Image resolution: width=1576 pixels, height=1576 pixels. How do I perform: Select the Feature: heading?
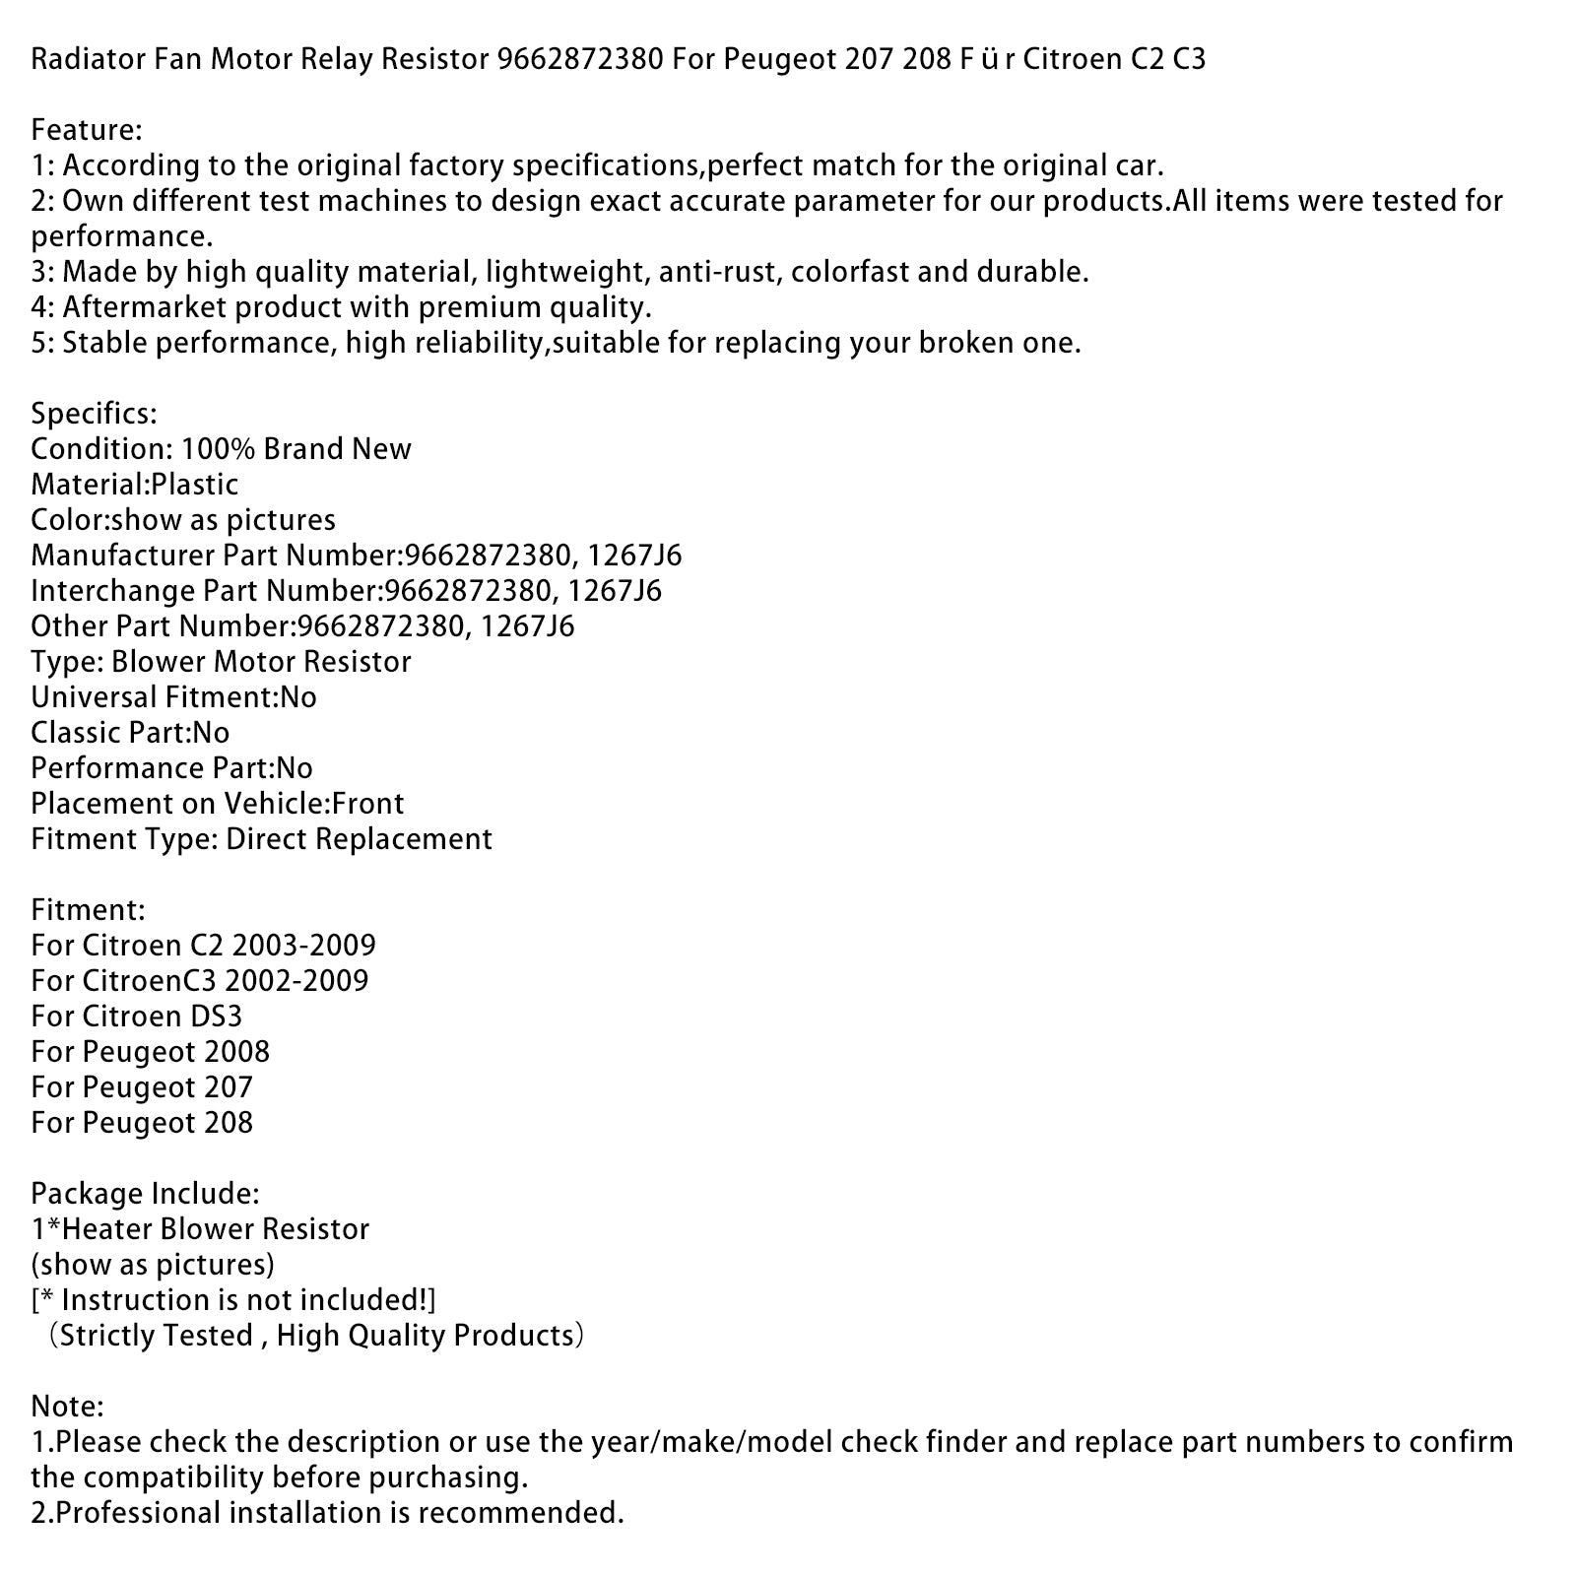87,130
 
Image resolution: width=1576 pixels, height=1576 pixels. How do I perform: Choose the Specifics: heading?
94,414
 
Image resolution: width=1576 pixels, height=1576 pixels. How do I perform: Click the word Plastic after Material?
195,485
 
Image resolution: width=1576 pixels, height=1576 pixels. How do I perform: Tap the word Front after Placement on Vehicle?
368,804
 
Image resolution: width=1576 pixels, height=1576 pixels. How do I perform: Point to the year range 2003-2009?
304,946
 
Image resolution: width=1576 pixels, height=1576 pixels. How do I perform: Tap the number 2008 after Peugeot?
236,1052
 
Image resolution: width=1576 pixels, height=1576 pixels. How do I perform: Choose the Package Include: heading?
145,1194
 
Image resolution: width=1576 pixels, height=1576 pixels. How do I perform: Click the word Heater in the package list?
103,1229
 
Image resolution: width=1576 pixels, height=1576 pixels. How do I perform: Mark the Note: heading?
67,1407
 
